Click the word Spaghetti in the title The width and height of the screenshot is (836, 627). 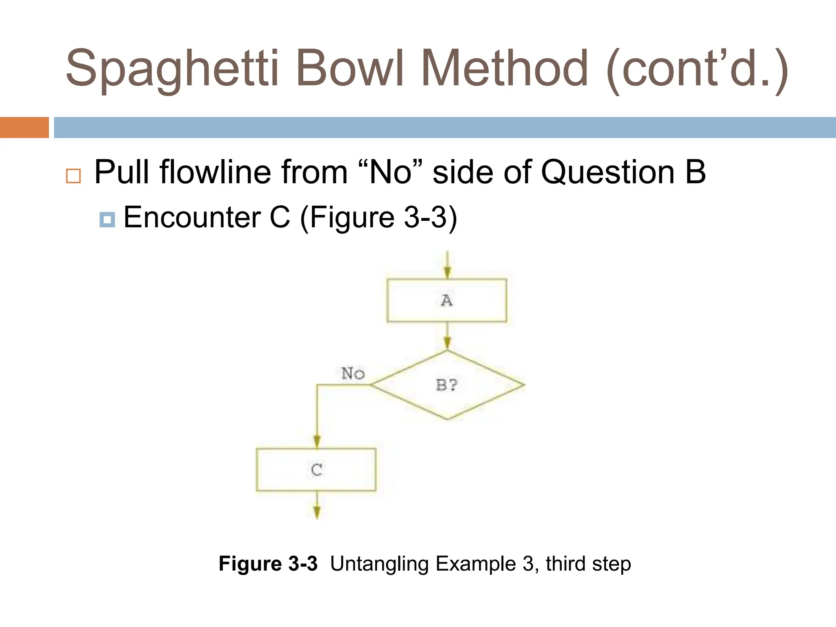(172, 68)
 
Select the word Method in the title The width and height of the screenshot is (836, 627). (505, 68)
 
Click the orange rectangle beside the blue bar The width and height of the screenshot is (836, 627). (24, 127)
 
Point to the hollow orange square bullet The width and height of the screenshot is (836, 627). (73, 176)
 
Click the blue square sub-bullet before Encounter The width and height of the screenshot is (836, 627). (107, 220)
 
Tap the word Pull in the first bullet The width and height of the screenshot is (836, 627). (122, 172)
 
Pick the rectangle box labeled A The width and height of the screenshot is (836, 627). (447, 300)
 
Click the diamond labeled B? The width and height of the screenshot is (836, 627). (447, 385)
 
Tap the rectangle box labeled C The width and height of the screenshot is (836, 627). (316, 469)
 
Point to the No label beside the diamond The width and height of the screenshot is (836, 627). (353, 373)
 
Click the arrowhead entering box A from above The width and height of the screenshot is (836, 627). (447, 272)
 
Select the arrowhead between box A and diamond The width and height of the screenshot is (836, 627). (447, 342)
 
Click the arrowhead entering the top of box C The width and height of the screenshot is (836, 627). (317, 441)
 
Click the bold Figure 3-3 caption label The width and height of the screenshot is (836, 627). (268, 564)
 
